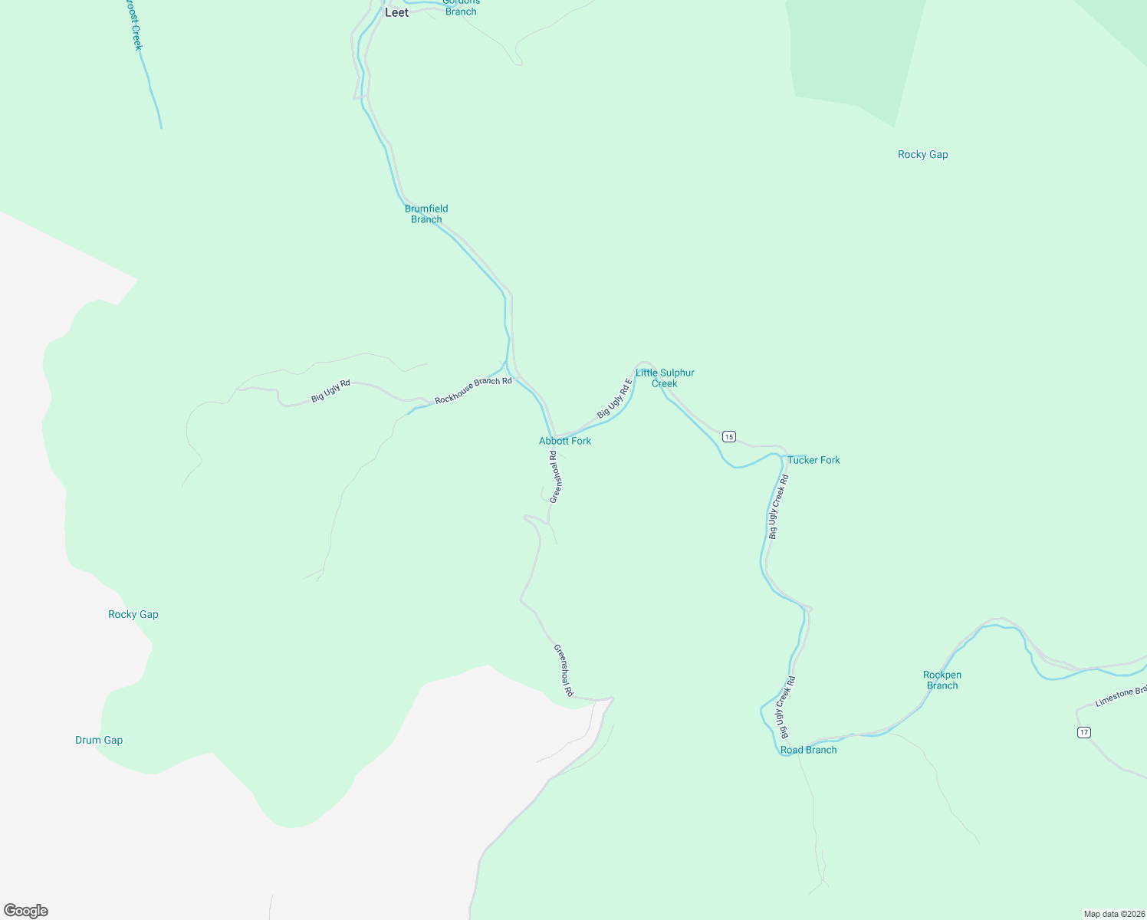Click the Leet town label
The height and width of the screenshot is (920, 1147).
pyautogui.click(x=396, y=13)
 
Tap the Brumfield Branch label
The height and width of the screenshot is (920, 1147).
pyautogui.click(x=426, y=214)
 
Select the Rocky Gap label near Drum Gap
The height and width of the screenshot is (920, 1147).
pyautogui.click(x=133, y=614)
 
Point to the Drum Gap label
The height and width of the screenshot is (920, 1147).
pyautogui.click(x=99, y=740)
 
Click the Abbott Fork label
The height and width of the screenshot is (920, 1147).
pyautogui.click(x=565, y=441)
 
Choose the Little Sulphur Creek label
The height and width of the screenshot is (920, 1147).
pyautogui.click(x=665, y=378)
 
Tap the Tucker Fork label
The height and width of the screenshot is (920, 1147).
pyautogui.click(x=813, y=460)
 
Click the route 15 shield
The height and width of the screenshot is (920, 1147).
pyautogui.click(x=728, y=436)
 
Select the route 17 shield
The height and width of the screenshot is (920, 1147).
pyautogui.click(x=1083, y=732)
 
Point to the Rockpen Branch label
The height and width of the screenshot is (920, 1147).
pyautogui.click(x=942, y=680)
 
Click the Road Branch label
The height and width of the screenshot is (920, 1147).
pyautogui.click(x=809, y=750)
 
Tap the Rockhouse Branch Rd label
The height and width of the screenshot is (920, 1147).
pyautogui.click(x=473, y=390)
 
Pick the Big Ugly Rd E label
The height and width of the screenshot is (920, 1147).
pyautogui.click(x=615, y=399)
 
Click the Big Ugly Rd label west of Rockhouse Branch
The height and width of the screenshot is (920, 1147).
pyautogui.click(x=330, y=391)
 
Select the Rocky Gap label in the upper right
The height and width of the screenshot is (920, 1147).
pyautogui.click(x=923, y=154)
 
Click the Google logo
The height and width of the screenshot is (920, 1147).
pyautogui.click(x=26, y=911)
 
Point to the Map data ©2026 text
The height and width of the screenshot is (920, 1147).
pyautogui.click(x=1114, y=914)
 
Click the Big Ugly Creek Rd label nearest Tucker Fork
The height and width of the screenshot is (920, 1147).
pyautogui.click(x=778, y=507)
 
